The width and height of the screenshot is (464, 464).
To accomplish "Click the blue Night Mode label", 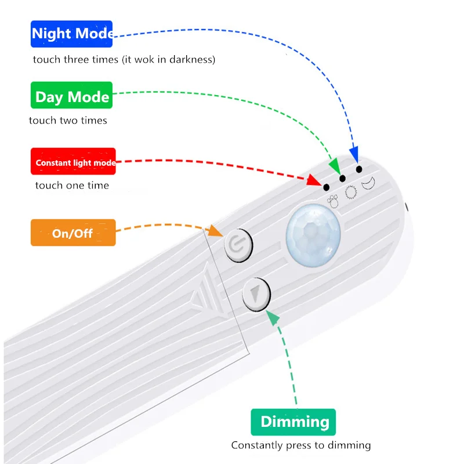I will tap(71, 34).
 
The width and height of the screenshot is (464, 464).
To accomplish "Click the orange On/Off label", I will tap(73, 233).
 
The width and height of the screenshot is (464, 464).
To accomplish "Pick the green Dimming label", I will tap(293, 422).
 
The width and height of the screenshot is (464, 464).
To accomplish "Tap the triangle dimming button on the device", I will tap(256, 294).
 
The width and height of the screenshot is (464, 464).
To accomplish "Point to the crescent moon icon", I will tap(367, 184).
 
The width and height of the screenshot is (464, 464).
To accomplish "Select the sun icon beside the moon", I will tap(350, 193).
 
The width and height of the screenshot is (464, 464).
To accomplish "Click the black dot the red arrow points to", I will tap(326, 187).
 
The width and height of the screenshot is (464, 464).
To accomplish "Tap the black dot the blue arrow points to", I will tap(359, 169).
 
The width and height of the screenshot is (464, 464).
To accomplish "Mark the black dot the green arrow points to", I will tap(342, 178).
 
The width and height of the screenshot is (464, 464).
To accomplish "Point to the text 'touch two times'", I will tap(68, 121).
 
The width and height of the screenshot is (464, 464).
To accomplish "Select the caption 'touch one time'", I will tap(72, 186).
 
